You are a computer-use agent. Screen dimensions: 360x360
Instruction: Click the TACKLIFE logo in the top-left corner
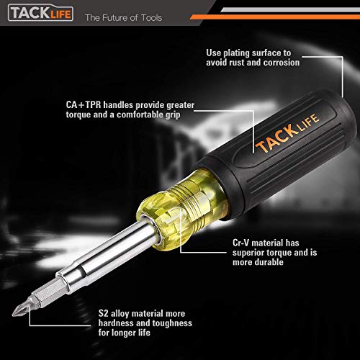click(35, 15)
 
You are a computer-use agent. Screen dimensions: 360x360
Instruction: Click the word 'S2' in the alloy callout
click(104, 315)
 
